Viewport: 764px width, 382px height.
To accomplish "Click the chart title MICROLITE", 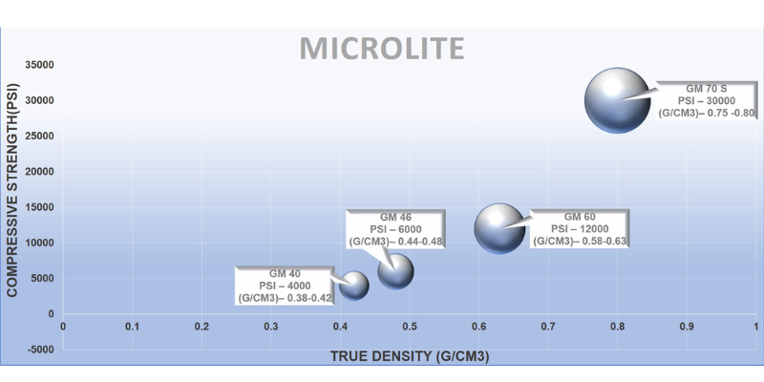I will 381,48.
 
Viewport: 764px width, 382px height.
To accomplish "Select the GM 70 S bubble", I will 618,99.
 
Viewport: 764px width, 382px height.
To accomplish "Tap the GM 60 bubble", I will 499,228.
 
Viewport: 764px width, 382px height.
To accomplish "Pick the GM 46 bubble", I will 395,271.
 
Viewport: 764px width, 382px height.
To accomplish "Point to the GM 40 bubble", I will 355,285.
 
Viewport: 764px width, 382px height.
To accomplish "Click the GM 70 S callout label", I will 707,99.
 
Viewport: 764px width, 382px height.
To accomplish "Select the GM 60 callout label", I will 580,229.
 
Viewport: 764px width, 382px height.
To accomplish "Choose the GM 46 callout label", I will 396,229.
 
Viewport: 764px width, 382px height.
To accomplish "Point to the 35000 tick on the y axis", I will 37,65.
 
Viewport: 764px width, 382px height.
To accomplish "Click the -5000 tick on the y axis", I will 37,350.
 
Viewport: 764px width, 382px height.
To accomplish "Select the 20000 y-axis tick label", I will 37,172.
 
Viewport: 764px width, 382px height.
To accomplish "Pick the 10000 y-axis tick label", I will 37,243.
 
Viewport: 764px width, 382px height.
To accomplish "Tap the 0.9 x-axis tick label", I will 687,327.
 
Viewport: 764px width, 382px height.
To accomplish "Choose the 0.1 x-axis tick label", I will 132,327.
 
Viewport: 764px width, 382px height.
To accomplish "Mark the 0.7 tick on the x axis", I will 548,327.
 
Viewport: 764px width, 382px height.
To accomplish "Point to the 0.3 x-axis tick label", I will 270,327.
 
